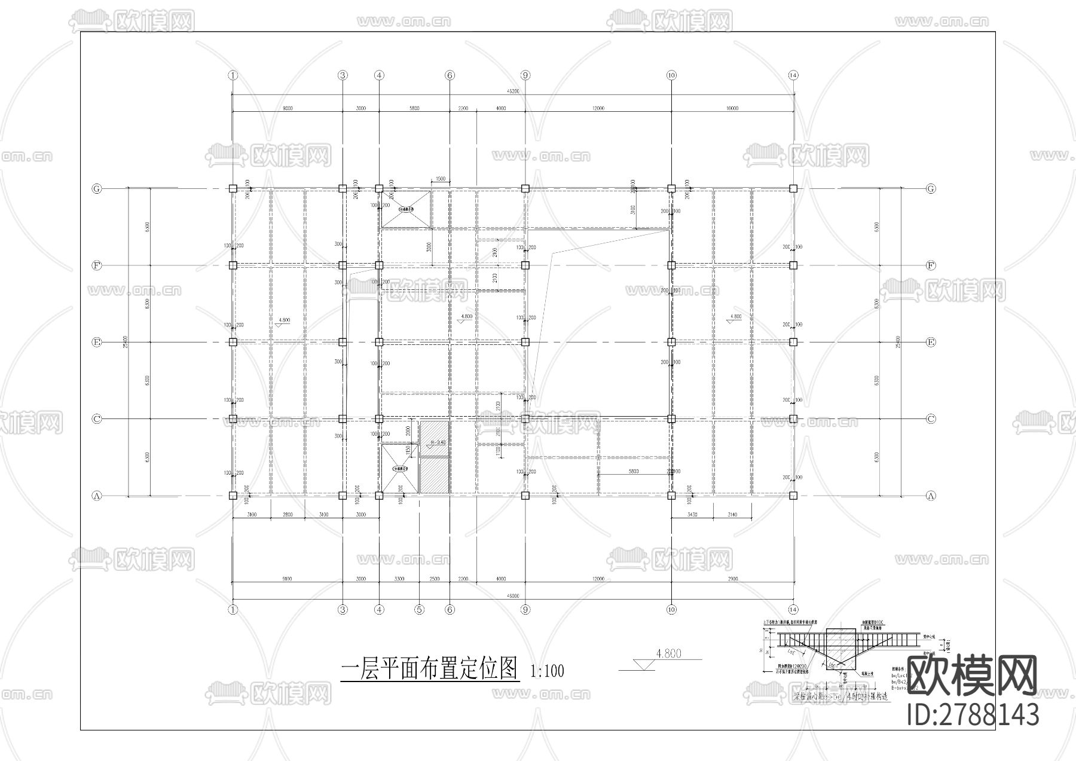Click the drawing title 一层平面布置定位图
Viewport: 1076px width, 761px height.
point(429,669)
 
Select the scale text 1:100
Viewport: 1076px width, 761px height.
point(547,671)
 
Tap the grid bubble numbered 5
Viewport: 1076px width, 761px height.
point(419,610)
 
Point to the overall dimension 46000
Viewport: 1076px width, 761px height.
point(512,596)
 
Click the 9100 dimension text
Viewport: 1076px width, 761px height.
point(287,579)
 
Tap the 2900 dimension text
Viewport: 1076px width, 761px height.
point(733,579)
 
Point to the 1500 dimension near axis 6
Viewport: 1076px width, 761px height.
point(440,179)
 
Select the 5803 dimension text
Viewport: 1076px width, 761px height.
point(634,471)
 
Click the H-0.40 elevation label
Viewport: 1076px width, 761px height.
point(438,442)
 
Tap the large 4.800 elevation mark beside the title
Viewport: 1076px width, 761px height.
point(668,654)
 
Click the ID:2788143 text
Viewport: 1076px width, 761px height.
point(973,714)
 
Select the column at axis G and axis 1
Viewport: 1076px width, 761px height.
point(233,188)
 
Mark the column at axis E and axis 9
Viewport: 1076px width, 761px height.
point(525,342)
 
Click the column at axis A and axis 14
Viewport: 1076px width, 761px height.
point(793,496)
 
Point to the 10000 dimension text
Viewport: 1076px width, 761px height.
point(732,108)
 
